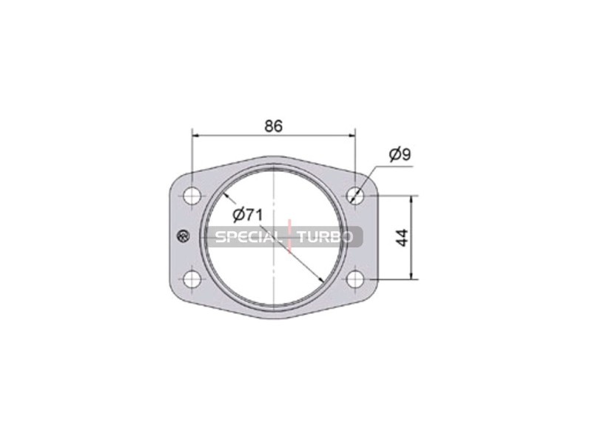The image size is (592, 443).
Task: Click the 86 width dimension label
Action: (273, 126)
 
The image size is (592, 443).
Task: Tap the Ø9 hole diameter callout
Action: (400, 154)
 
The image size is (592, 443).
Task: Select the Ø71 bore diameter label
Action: (247, 215)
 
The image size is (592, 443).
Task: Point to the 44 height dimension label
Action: (403, 238)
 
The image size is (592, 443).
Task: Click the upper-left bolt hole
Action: (192, 196)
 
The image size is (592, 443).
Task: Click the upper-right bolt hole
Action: (355, 196)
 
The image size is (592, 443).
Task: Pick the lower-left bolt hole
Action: (192, 280)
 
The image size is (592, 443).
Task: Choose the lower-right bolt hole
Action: (355, 280)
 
